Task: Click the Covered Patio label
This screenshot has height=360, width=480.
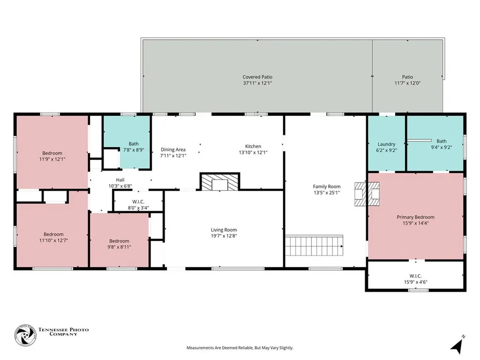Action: (257, 77)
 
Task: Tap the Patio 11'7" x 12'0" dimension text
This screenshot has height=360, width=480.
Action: (407, 83)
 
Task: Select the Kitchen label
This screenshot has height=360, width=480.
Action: (253, 146)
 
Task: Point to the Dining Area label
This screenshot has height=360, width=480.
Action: (173, 150)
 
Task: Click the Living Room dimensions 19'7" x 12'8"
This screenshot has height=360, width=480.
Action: (224, 236)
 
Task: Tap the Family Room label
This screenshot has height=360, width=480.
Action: (327, 187)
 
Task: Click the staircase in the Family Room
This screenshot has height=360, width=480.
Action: (314, 245)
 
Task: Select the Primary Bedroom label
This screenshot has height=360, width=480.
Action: (415, 217)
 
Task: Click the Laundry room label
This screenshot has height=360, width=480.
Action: (386, 144)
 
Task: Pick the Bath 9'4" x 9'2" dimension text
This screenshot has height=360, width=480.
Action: (442, 147)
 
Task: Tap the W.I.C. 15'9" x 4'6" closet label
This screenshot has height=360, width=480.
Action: (415, 279)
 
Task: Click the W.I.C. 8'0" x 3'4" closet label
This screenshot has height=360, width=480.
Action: (138, 205)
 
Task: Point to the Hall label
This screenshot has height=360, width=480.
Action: (120, 180)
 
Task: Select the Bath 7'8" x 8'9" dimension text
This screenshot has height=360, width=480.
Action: (134, 150)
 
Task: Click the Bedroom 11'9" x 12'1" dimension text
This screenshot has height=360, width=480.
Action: (52, 159)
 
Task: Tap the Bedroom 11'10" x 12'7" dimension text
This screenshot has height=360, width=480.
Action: (53, 240)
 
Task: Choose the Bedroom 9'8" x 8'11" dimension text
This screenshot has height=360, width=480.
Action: (119, 247)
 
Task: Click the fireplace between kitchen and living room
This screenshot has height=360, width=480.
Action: (220, 181)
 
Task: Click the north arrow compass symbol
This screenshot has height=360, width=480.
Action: (457, 345)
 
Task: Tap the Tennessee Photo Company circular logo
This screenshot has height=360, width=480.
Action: (25, 335)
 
